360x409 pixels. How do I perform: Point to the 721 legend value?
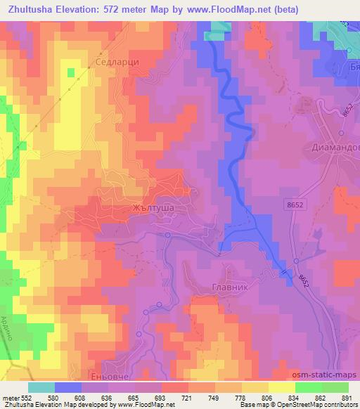coord(188,398)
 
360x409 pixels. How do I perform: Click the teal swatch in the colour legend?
coord(41,387)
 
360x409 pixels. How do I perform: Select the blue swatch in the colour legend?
coord(68,387)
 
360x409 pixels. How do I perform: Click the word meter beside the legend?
coord(11,398)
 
